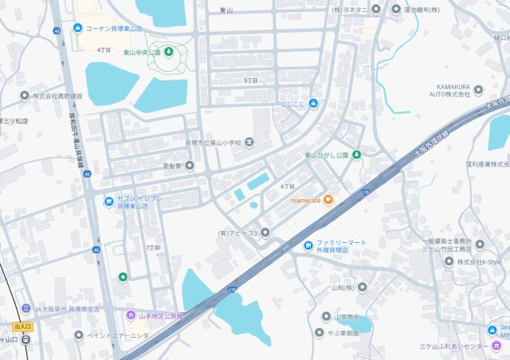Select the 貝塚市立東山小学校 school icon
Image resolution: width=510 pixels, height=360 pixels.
click(x=249, y=143)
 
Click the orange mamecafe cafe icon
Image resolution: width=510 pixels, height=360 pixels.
click(x=328, y=199)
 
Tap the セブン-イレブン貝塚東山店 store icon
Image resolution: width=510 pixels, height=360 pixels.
click(x=109, y=202)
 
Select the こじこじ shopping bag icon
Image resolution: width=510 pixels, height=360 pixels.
click(x=313, y=103)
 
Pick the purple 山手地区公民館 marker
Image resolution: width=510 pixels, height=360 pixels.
click(x=131, y=315)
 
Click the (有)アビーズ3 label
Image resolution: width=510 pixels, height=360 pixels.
click(x=237, y=233)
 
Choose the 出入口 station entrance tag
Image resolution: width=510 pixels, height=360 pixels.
click(x=23, y=327)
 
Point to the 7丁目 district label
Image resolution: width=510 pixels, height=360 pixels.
click(x=153, y=248)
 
